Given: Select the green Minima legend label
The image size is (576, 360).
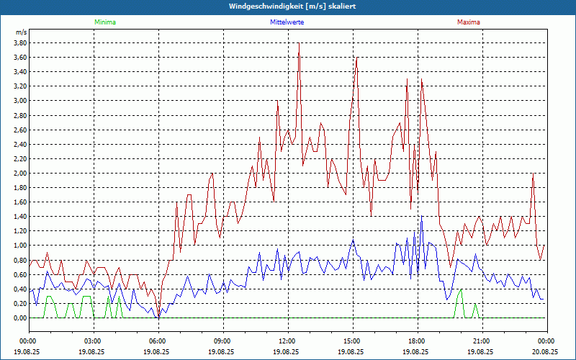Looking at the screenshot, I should [x=104, y=22].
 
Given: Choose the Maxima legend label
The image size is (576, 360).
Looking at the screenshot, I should [x=468, y=22].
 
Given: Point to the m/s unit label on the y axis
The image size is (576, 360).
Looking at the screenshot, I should [x=21, y=32].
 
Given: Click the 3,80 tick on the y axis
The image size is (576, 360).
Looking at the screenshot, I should [x=20, y=42].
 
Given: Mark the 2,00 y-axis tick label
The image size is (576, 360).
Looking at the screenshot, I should [x=20, y=174].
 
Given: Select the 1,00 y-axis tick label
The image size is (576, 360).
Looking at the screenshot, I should [x=20, y=246].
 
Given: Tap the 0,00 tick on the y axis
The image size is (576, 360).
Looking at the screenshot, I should [x=20, y=318].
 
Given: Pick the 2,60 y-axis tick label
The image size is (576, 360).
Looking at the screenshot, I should [x=20, y=130].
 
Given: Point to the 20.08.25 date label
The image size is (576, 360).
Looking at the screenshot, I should [x=546, y=353].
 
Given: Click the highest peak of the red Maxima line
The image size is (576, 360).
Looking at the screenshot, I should [x=299, y=43].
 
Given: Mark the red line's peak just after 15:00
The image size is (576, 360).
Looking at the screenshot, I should [x=356, y=66].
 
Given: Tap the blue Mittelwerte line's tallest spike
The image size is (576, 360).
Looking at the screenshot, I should [x=421, y=217].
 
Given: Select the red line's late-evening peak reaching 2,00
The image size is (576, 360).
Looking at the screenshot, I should [x=533, y=174].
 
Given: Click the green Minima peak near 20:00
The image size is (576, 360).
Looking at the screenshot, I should [x=461, y=289].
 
